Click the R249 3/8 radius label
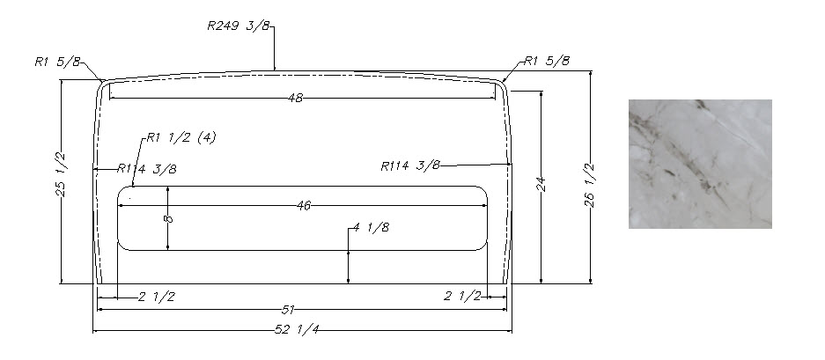tap(239, 26)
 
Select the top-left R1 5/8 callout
tap(58, 62)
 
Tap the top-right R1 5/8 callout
tap(547, 61)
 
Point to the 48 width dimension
tap(295, 98)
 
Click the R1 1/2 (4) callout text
tap(181, 137)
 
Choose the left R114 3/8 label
tap(147, 169)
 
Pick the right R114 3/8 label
tap(410, 165)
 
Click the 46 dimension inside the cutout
tap(304, 206)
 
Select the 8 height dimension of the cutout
tap(168, 218)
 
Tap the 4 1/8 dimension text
tap(372, 227)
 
